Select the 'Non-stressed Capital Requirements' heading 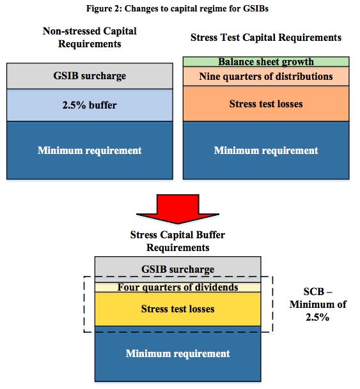click(90, 37)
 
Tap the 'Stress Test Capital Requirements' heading click(266, 38)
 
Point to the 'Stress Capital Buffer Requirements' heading click(178, 241)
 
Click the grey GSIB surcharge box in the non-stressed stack click(90, 76)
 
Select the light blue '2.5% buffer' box click(90, 105)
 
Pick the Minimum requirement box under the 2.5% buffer click(90, 150)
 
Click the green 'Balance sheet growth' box click(266, 62)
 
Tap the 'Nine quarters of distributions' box click(266, 77)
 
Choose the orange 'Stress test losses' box click(266, 103)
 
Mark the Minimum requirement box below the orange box click(266, 150)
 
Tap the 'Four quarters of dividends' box click(178, 287)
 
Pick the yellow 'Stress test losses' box click(178, 309)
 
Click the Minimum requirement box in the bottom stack click(178, 353)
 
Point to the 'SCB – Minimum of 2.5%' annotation click(318, 305)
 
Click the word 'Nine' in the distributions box click(210, 77)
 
